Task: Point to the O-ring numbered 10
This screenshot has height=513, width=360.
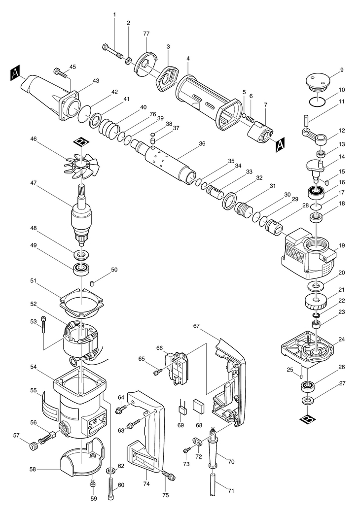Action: pyautogui.click(x=318, y=102)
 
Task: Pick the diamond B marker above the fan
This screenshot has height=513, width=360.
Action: pyautogui.click(x=80, y=142)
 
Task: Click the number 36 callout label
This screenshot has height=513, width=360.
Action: pyautogui.click(x=202, y=143)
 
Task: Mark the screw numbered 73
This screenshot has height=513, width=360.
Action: pyautogui.click(x=186, y=451)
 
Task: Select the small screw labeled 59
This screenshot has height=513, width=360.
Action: pyautogui.click(x=93, y=482)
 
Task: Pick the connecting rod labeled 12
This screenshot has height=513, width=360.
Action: pyautogui.click(x=315, y=137)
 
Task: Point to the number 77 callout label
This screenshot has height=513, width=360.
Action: pyautogui.click(x=146, y=34)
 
